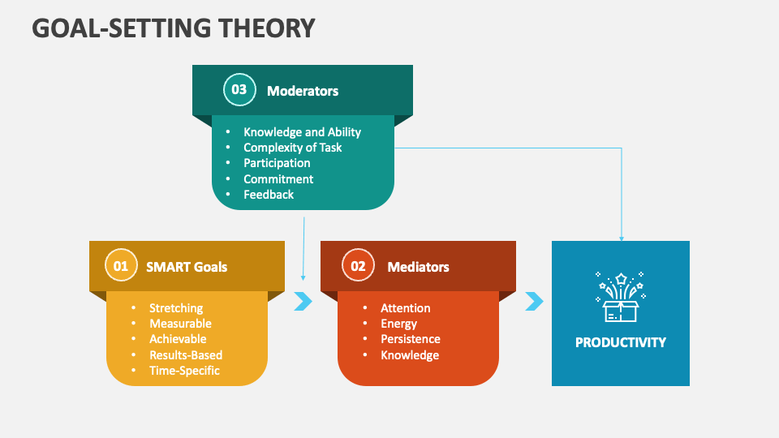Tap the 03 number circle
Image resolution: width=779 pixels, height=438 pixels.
(x=239, y=90)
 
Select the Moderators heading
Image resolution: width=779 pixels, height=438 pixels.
(x=303, y=91)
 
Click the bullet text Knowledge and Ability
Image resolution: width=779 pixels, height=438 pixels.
(x=302, y=132)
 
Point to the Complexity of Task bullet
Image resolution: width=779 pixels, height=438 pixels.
(x=292, y=148)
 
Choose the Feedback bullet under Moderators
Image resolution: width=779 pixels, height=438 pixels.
(x=269, y=195)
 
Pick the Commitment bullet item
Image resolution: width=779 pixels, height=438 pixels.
(x=278, y=179)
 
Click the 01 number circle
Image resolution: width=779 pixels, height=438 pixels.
(x=121, y=265)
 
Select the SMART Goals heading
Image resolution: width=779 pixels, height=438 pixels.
(x=187, y=267)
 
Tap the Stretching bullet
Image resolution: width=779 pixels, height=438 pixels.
(x=176, y=308)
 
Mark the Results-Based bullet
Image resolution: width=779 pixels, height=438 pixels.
(x=186, y=355)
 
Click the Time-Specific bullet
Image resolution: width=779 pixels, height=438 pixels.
(x=184, y=371)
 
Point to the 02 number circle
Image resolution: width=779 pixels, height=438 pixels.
(x=358, y=265)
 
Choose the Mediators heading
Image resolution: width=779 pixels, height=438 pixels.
(x=418, y=267)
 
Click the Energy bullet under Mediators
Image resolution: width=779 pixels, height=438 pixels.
(x=398, y=324)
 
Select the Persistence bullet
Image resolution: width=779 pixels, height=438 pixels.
(x=411, y=339)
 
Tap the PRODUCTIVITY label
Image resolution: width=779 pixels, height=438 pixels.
(x=621, y=342)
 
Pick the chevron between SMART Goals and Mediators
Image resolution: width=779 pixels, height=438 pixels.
(x=303, y=302)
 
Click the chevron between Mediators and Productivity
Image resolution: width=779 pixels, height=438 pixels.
(x=534, y=302)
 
